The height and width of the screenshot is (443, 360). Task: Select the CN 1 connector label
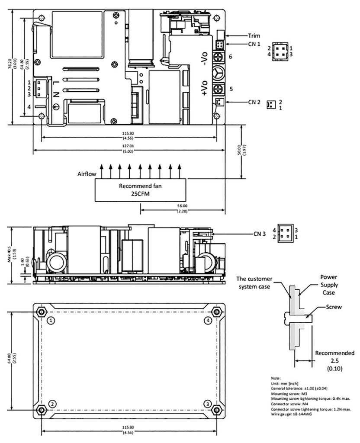tap(254, 44)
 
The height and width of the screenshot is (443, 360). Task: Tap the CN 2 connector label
tap(254, 102)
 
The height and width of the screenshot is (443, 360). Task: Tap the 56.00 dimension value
tap(182, 206)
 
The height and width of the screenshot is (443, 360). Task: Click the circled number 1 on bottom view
tap(51, 321)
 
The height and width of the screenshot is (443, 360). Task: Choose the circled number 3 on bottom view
tap(208, 403)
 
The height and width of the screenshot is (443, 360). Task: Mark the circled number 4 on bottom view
tap(208, 321)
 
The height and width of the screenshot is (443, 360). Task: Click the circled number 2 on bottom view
tap(51, 403)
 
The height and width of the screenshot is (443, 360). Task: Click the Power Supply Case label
tap(329, 285)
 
